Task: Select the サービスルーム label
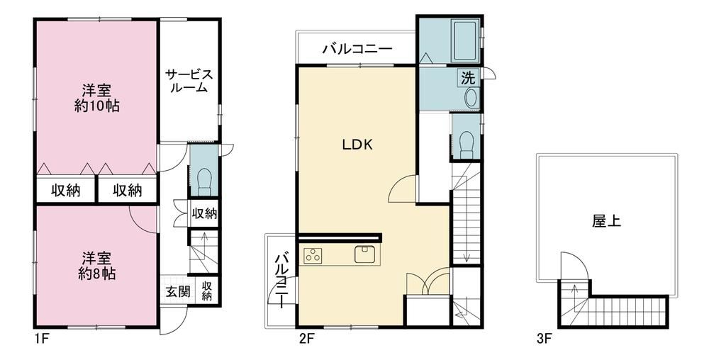[189, 81]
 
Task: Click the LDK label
[357, 145]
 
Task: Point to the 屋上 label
[606, 221]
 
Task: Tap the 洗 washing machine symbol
[468, 78]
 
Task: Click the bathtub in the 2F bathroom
[466, 41]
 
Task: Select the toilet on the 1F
[204, 181]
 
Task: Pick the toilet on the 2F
[466, 145]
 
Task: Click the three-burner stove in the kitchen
[313, 255]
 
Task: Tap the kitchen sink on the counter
[365, 254]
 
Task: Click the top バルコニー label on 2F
[357, 49]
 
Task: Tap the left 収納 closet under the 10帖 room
[65, 191]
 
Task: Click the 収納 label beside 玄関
[206, 291]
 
